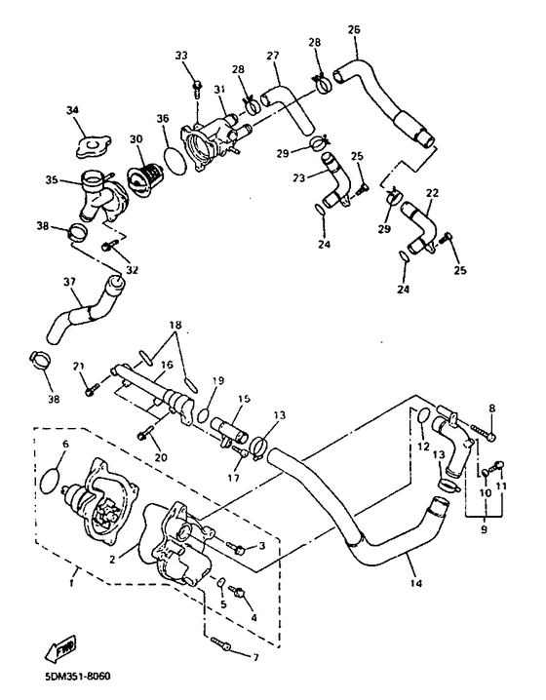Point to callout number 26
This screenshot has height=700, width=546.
tap(354, 28)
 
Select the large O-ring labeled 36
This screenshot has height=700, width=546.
tap(176, 156)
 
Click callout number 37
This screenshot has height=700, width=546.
tap(69, 282)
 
